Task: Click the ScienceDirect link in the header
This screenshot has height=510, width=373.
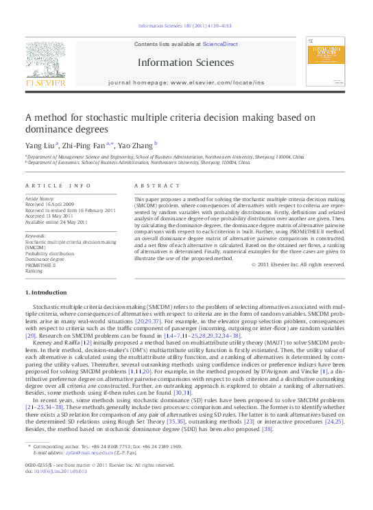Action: click(219, 43)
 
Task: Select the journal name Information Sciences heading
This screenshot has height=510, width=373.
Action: click(185, 62)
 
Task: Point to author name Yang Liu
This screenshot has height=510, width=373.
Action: click(42, 145)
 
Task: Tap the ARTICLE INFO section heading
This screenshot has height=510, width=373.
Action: click(57, 185)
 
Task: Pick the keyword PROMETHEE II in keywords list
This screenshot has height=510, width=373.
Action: click(42, 265)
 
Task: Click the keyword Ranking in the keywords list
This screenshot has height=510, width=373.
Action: click(34, 271)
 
